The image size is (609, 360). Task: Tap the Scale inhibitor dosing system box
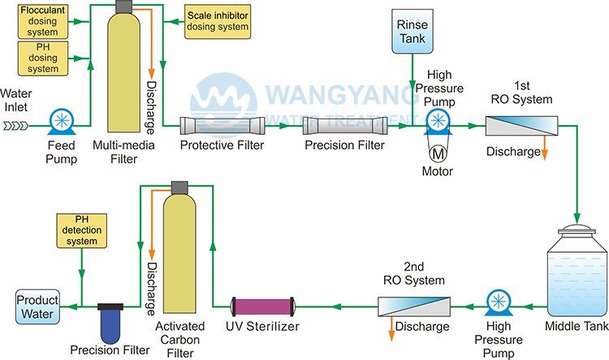217,20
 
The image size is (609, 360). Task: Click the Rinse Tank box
412,32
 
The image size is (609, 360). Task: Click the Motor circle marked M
437,151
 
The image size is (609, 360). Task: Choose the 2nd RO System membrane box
414,307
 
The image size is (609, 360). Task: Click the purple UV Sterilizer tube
263,307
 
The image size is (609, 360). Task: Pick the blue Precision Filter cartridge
110,323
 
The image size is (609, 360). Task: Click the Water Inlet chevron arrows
18,125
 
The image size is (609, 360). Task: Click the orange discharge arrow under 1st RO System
544,151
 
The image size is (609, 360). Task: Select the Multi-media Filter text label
121,151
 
